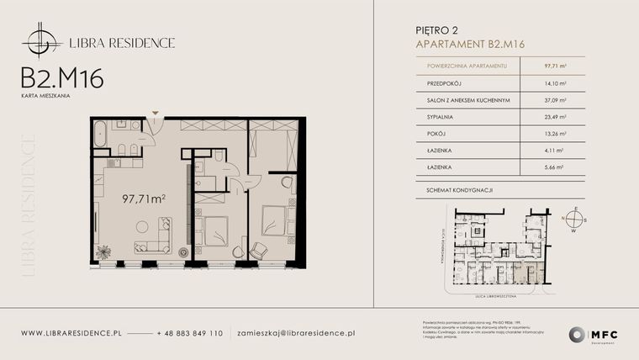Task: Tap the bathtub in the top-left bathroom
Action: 100,134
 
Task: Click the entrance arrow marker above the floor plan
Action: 156,113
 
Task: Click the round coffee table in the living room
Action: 142,226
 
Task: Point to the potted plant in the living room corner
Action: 103,251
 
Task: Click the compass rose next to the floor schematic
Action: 574,219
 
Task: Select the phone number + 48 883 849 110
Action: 190,333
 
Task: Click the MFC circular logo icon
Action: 578,334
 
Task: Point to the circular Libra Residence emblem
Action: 41,40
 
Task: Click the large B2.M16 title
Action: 62,78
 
